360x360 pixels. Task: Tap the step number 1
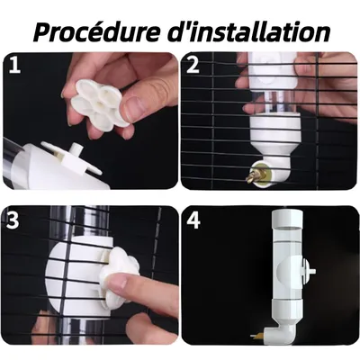coord(14,66)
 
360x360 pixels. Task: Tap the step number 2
coord(193,66)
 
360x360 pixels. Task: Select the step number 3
coord(13,220)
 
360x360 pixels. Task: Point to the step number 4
coord(193,220)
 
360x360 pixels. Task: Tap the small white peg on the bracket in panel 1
coord(75,148)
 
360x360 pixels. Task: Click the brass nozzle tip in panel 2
coord(250,176)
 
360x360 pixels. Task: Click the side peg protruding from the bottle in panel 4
coord(309,271)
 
